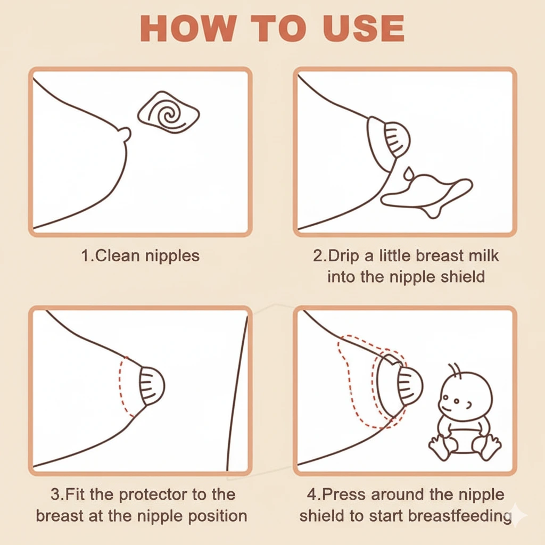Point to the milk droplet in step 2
click(408, 174)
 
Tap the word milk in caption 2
click(481, 255)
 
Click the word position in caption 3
click(219, 516)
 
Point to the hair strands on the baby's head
click(454, 369)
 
